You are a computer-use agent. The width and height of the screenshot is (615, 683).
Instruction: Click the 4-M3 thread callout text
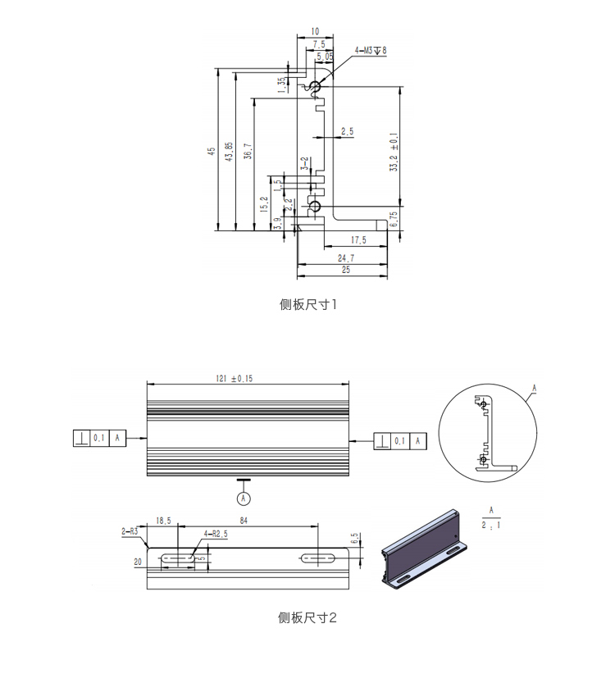tap(370, 51)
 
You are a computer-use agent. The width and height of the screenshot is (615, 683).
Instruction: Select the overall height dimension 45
tap(211, 151)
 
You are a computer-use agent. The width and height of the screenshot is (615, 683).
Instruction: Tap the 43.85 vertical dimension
tap(229, 151)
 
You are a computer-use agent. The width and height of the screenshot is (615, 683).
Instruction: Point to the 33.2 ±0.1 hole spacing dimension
tap(394, 153)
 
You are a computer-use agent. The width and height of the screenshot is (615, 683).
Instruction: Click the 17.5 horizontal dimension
tap(358, 240)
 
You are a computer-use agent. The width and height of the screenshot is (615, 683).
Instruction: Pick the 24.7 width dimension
tap(345, 257)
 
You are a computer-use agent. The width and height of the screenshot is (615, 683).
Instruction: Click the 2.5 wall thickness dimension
tap(347, 131)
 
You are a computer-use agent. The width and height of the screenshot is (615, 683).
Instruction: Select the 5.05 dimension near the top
tap(324, 56)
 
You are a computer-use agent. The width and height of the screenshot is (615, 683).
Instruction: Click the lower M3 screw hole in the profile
tap(312, 206)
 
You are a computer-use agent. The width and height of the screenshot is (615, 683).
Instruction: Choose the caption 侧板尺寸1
tap(307, 305)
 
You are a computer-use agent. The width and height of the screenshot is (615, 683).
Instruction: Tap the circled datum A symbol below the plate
tap(243, 497)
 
